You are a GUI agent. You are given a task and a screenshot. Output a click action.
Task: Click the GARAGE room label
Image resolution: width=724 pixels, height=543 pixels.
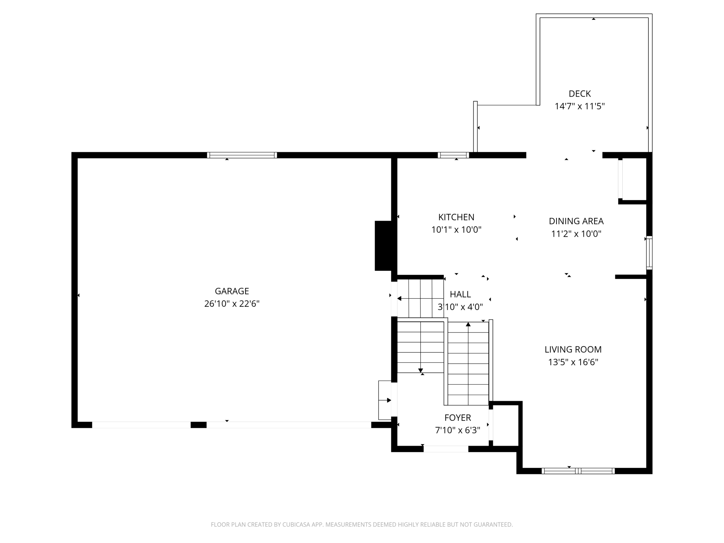click(232, 291)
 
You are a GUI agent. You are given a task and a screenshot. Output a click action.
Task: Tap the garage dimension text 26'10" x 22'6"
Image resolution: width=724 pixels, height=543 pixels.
click(232, 304)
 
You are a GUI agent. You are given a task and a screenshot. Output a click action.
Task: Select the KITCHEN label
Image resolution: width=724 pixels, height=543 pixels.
click(456, 217)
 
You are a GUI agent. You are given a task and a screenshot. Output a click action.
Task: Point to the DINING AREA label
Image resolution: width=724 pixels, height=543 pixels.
click(576, 221)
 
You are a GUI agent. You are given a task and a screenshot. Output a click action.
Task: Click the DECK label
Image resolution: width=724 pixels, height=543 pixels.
click(580, 94)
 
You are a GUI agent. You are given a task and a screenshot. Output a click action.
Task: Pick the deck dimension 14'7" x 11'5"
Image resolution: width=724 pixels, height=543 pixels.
click(580, 106)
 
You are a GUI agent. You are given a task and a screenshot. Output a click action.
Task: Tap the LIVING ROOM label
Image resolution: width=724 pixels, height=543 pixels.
click(573, 349)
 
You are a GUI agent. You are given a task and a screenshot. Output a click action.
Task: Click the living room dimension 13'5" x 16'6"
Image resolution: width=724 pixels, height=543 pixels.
click(573, 362)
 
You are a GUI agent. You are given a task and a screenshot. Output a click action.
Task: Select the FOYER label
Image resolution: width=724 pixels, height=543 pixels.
click(458, 418)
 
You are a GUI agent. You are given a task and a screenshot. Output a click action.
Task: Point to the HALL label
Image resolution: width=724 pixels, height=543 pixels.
click(460, 294)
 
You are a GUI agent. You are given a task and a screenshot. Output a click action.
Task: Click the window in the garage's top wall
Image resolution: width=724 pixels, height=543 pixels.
click(242, 155)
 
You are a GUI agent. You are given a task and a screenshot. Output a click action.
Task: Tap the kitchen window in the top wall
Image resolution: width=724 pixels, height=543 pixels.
click(453, 155)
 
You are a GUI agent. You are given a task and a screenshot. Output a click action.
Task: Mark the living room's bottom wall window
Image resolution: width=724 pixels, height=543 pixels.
click(578, 471)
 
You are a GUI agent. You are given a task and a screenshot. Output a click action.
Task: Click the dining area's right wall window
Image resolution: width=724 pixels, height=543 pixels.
click(649, 253)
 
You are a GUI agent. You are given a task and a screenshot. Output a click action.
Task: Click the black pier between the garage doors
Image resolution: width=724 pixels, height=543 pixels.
click(198, 425)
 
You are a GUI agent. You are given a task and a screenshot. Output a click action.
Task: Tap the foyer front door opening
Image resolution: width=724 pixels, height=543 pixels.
click(446, 449)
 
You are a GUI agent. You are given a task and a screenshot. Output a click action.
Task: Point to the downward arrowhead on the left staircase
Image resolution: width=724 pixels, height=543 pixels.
click(420, 370)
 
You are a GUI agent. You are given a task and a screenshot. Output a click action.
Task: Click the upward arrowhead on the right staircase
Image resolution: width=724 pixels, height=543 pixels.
click(468, 324)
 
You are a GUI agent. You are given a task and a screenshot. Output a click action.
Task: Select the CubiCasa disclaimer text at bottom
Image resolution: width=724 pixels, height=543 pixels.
click(362, 525)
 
